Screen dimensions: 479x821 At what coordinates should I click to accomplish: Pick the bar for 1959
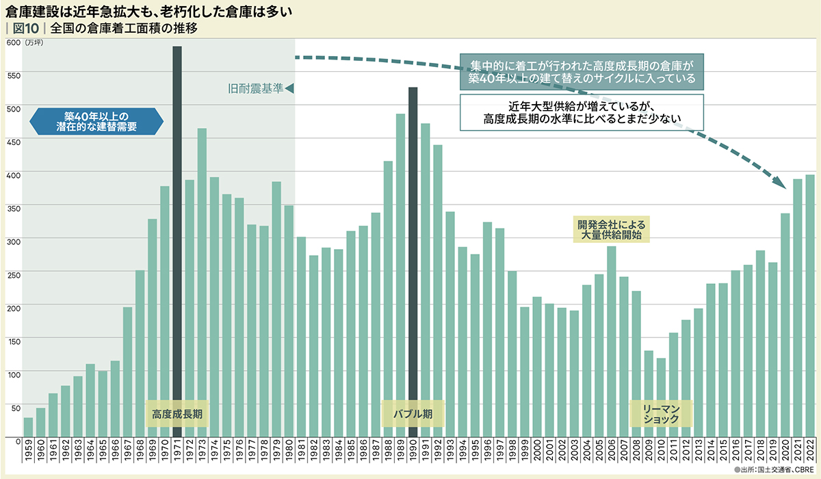point(28,428)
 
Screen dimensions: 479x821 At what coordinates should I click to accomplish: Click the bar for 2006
point(612,341)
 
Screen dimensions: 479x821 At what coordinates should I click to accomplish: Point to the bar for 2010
point(661,398)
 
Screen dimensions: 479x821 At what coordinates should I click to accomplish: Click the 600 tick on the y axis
point(12,42)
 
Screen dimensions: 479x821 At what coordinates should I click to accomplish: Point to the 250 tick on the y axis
point(12,274)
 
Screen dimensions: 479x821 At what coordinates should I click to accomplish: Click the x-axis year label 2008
point(636,454)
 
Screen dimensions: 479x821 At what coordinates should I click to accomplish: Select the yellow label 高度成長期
point(177,414)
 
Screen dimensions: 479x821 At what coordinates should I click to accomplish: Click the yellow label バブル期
point(413,414)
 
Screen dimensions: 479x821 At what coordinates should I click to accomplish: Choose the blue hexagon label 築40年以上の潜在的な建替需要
point(96,122)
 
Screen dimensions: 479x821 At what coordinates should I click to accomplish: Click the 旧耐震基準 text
point(255,88)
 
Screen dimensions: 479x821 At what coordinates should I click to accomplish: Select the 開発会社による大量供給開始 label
point(612,229)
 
